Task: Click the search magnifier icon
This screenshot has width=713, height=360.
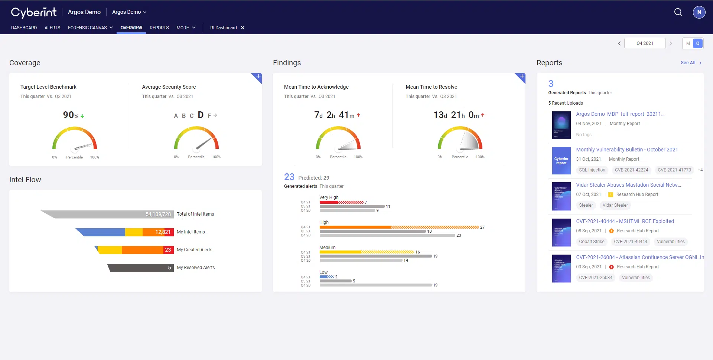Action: [x=678, y=12]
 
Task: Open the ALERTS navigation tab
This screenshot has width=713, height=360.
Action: [x=52, y=28]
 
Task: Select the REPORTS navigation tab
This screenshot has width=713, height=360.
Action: [x=159, y=28]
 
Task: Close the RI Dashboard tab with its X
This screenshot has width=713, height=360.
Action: [x=242, y=28]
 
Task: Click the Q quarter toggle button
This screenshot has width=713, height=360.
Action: [x=698, y=43]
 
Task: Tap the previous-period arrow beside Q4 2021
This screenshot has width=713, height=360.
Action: [x=619, y=43]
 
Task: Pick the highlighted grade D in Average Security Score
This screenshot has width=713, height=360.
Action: [x=201, y=115]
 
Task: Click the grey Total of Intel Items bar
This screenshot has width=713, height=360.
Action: [x=111, y=214]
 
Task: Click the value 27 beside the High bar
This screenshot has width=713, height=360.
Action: [x=482, y=227]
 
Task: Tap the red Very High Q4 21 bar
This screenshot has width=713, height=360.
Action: [x=341, y=202]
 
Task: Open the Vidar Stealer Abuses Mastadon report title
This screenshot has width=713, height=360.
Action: [x=628, y=185]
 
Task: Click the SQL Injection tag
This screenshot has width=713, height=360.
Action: [x=592, y=170]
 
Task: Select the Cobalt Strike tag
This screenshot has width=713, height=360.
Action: [x=592, y=242]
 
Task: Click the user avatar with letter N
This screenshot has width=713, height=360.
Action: [x=699, y=12]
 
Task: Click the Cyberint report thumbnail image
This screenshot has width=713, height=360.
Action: [x=561, y=161]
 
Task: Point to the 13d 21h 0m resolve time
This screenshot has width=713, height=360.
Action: [x=459, y=115]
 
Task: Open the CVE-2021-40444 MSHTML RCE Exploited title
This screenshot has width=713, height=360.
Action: [x=625, y=221]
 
